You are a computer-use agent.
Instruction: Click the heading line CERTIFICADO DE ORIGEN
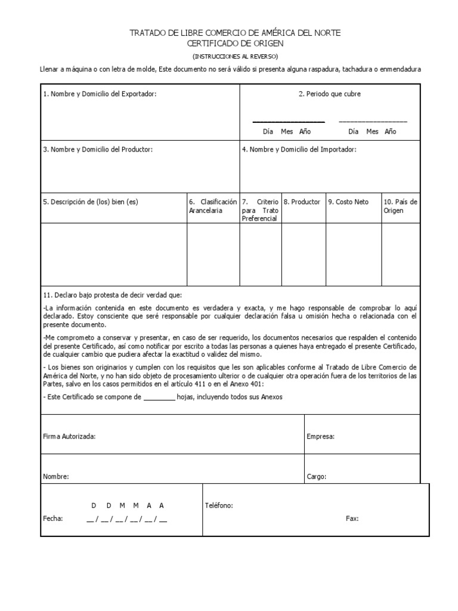point(235,44)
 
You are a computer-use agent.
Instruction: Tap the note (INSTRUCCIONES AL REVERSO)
point(235,56)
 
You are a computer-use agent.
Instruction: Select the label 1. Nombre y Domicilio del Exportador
point(100,94)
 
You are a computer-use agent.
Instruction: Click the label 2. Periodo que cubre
point(330,94)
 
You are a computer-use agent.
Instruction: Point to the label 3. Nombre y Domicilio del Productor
point(98,149)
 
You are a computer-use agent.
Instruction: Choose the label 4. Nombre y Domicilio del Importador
point(299,149)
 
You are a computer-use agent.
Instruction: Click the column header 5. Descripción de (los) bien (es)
point(90,202)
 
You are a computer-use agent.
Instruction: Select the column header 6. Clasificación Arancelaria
point(212,206)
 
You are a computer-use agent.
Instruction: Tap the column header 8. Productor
point(302,202)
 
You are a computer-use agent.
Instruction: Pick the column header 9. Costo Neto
point(348,202)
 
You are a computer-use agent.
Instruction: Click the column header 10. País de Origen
point(400,206)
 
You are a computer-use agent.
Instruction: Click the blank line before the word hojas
point(159,397)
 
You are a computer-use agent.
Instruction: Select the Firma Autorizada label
point(69,436)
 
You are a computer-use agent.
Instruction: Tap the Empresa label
point(320,436)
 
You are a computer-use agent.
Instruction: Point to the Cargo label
point(316,477)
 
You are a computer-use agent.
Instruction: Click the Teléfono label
point(219,505)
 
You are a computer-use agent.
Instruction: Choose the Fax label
point(352,519)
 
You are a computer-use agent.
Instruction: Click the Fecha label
point(53,519)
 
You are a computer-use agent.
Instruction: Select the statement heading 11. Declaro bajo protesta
point(113,295)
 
